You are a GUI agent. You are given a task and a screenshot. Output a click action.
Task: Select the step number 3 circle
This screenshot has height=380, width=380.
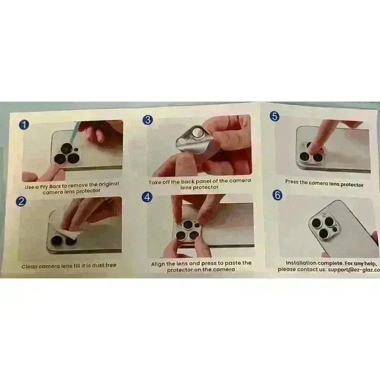148,120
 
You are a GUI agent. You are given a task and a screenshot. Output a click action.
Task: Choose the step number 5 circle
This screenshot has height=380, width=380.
275,117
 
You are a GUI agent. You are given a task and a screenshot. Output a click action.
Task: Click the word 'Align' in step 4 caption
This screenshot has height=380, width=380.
161,263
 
